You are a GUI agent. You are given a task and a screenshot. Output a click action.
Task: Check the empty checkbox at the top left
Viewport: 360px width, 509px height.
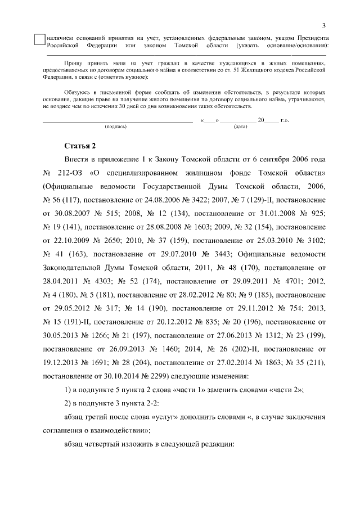[x=39, y=40]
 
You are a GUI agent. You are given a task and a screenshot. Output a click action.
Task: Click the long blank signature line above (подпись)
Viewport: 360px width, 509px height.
[x=118, y=121]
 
